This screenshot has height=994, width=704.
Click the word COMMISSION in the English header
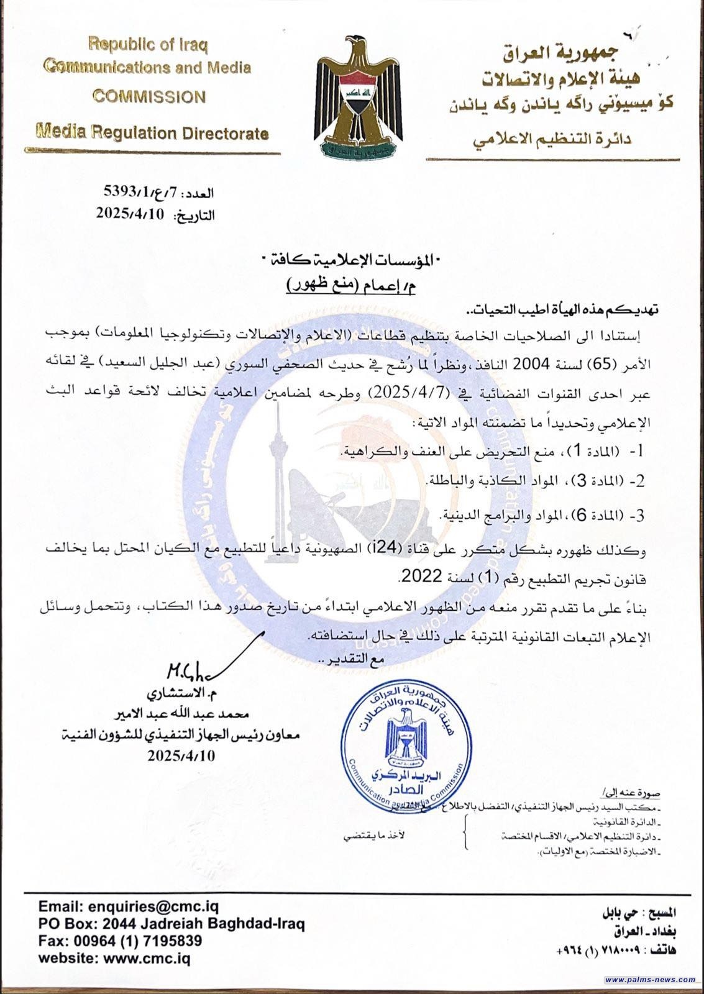149,97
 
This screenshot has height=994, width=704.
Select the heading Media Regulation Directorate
152,132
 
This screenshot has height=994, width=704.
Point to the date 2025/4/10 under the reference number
129,214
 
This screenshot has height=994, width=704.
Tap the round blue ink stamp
404,745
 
